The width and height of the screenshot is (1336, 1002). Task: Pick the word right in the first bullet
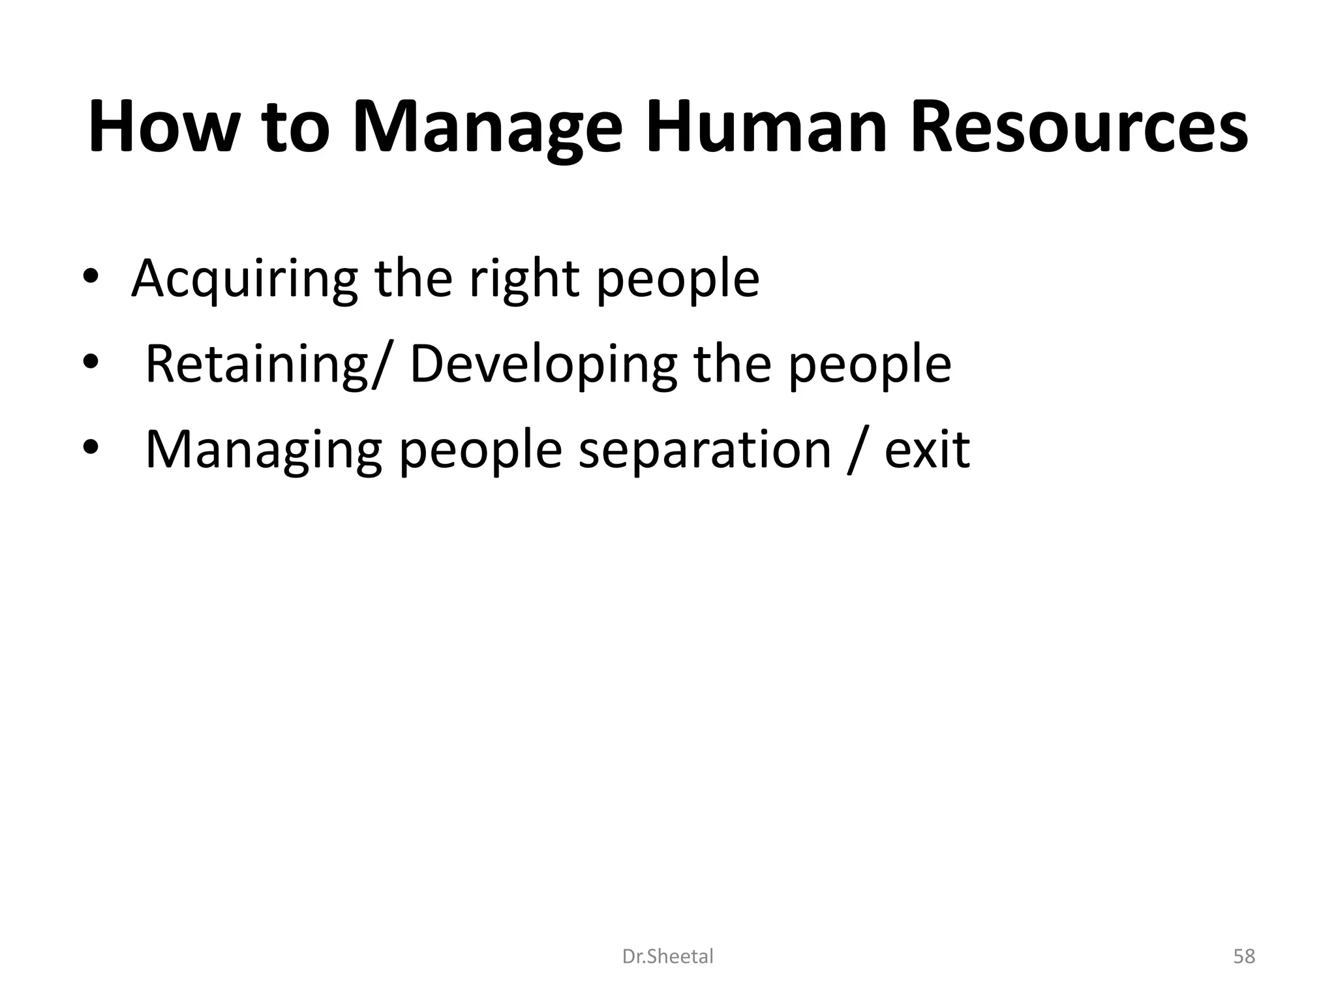pos(524,279)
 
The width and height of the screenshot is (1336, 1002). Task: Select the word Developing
pos(543,364)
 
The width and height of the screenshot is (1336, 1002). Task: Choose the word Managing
pos(263,450)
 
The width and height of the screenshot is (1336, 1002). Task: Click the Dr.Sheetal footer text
pos(667,957)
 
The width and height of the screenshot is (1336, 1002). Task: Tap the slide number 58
pos(1244,957)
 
